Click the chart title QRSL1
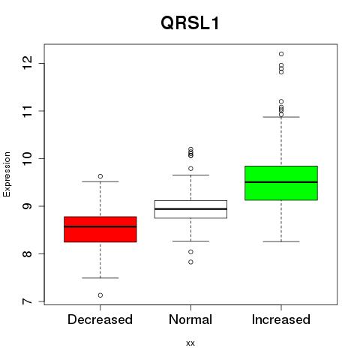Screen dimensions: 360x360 click(x=190, y=23)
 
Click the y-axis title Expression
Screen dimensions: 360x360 click(x=7, y=174)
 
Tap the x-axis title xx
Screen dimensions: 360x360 click(x=190, y=343)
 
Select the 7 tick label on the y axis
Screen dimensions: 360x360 click(x=27, y=301)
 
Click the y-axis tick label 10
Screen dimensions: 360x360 click(x=27, y=158)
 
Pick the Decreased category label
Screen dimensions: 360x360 click(x=100, y=319)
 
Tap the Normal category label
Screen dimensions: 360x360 click(x=190, y=319)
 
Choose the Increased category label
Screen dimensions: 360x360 click(x=281, y=319)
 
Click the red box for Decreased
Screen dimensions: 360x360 click(x=100, y=229)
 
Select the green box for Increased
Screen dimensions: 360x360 click(x=281, y=183)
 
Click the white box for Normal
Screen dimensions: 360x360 click(x=190, y=209)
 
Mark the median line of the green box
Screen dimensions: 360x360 click(x=281, y=182)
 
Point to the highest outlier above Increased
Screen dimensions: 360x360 click(x=281, y=54)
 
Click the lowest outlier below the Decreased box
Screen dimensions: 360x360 click(x=100, y=295)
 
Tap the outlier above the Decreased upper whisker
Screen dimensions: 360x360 click(x=100, y=176)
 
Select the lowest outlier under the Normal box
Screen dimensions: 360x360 click(x=190, y=262)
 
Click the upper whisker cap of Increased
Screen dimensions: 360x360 click(x=281, y=117)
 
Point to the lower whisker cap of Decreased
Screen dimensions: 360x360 click(x=100, y=277)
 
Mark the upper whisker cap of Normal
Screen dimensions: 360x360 click(x=190, y=175)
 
